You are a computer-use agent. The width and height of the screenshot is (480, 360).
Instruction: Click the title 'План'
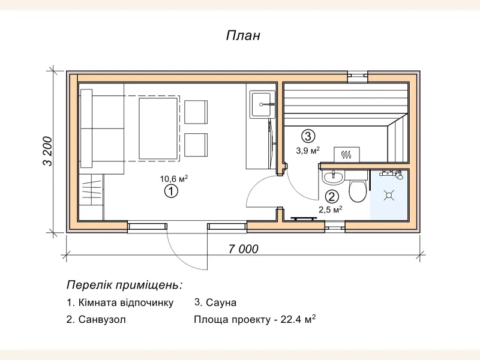243,35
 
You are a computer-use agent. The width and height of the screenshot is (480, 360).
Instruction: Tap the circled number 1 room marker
171,191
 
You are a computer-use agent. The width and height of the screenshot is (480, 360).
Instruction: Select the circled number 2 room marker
331,196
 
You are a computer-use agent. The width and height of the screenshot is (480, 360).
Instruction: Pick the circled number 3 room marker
308,136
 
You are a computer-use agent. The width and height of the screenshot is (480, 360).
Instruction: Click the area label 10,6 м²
174,178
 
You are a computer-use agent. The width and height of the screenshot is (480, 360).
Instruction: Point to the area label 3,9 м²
308,150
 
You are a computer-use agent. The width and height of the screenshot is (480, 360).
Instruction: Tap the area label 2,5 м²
330,209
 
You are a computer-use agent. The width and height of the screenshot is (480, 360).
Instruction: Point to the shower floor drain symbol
389,194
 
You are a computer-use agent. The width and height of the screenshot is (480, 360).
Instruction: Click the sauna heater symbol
346,155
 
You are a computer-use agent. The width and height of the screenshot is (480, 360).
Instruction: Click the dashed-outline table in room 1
158,128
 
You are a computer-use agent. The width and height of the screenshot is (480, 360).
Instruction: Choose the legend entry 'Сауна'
217,302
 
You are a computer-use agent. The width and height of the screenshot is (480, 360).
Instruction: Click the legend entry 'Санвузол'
96,320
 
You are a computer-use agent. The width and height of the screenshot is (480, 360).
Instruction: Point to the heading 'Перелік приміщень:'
124,284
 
